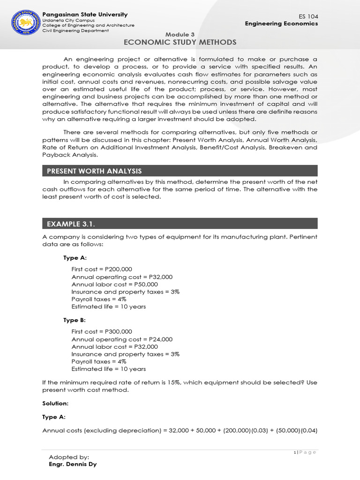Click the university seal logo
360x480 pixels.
point(24,22)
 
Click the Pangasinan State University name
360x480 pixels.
point(85,15)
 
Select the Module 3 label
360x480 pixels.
point(180,35)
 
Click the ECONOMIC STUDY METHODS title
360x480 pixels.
point(180,43)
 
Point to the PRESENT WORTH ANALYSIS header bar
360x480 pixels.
point(180,171)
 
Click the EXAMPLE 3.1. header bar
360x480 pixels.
point(180,224)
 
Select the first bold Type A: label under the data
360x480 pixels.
point(75,258)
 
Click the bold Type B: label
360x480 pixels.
point(75,320)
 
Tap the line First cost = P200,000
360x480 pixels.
point(102,269)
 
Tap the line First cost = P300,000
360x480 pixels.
point(102,331)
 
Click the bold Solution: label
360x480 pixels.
point(55,403)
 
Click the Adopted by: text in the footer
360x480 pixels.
point(69,457)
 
